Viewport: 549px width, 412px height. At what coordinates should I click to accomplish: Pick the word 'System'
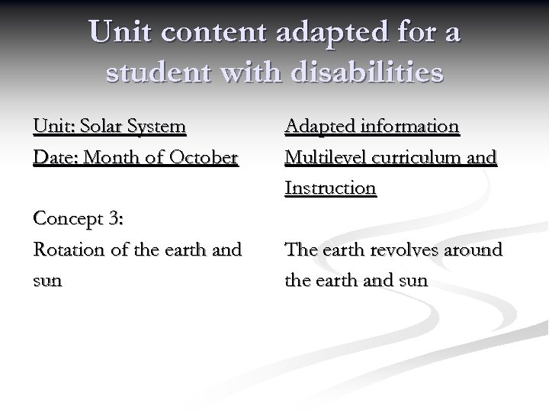[159, 126]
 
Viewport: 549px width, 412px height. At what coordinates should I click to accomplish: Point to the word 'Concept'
[68, 219]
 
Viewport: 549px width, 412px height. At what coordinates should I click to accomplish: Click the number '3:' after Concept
[116, 219]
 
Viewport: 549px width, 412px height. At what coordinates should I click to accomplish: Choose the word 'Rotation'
[66, 249]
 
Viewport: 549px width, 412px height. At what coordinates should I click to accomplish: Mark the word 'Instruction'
[330, 188]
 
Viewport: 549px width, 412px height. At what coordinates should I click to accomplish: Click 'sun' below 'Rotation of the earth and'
[47, 281]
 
